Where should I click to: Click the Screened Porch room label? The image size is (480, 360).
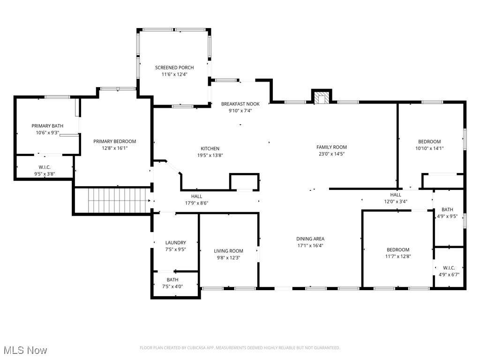tap(174, 67)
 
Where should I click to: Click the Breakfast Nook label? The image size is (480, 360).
tap(240, 104)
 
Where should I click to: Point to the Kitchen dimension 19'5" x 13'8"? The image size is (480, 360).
tap(210, 156)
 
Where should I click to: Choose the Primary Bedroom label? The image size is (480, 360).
tap(114, 142)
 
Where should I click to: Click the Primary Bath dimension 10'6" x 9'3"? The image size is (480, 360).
tap(47, 133)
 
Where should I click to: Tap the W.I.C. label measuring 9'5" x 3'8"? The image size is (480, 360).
tap(45, 167)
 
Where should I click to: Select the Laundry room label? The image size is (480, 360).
tap(175, 243)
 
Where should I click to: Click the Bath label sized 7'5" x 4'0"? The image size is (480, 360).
tap(172, 280)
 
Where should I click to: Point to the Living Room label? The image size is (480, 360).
tap(228, 251)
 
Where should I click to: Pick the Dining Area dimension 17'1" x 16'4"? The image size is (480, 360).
tap(310, 246)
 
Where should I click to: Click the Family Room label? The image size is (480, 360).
tap(331, 147)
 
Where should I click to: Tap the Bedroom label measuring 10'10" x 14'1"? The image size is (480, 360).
tap(429, 142)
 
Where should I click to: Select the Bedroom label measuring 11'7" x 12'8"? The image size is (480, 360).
tap(398, 250)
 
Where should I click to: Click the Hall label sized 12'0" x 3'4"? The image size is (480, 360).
tap(396, 195)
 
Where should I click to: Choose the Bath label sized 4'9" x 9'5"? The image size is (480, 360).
tap(447, 210)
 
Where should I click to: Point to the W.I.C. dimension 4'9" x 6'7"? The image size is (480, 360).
tap(449, 275)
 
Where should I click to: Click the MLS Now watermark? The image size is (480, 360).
tap(25, 350)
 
